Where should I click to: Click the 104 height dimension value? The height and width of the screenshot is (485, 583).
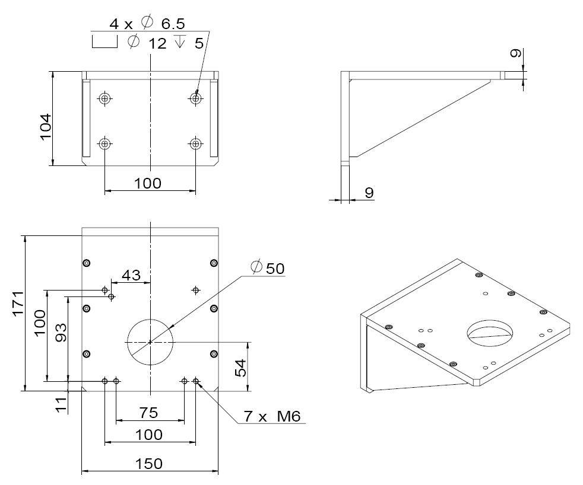click(46, 126)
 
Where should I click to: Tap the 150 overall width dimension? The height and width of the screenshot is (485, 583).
click(148, 463)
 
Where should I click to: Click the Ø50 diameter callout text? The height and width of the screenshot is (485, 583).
click(268, 268)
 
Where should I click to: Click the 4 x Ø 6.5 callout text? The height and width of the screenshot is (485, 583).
click(147, 23)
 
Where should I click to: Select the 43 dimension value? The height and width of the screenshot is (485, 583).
click(131, 275)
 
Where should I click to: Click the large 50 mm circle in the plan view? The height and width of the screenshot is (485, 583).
click(150, 342)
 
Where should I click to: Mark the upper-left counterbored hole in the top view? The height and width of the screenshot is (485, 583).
click(105, 98)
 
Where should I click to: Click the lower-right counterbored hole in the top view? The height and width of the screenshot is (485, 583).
click(195, 143)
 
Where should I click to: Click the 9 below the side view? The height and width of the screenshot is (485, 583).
click(368, 193)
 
